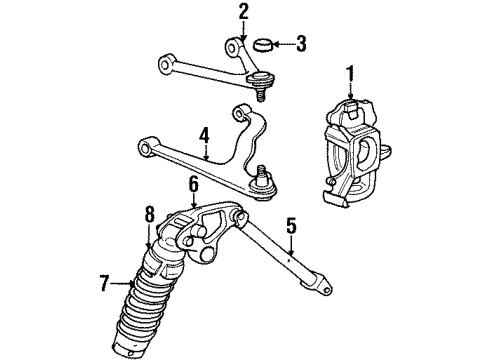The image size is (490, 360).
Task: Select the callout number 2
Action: tap(243, 12)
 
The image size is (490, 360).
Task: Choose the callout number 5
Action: tap(291, 226)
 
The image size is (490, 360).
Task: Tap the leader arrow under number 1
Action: tap(350, 92)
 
